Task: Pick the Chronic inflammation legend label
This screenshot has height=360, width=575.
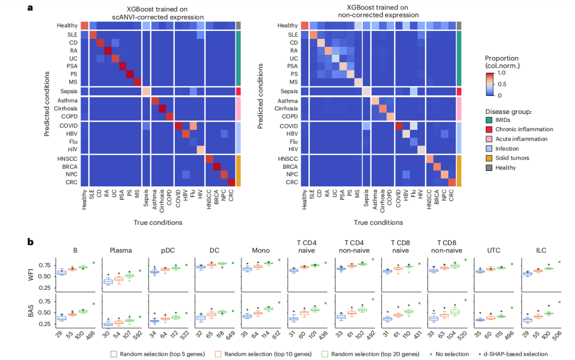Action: click(523, 129)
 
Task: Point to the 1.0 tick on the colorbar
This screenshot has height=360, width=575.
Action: click(502, 73)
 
